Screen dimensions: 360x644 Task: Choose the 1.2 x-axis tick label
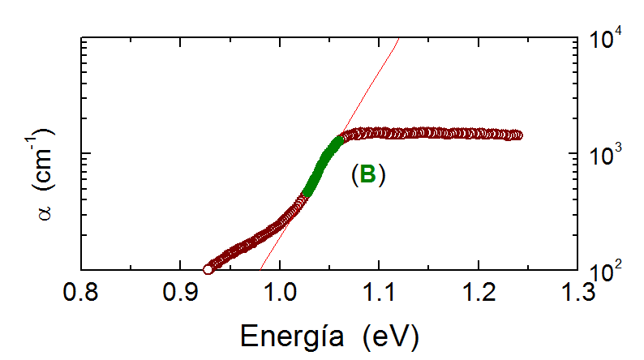[479, 289]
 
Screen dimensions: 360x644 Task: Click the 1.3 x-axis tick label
[577, 289]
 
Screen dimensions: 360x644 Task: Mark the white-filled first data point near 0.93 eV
[208, 268]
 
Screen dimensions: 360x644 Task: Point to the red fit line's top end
[398, 38]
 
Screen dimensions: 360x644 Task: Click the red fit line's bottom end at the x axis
[261, 269]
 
